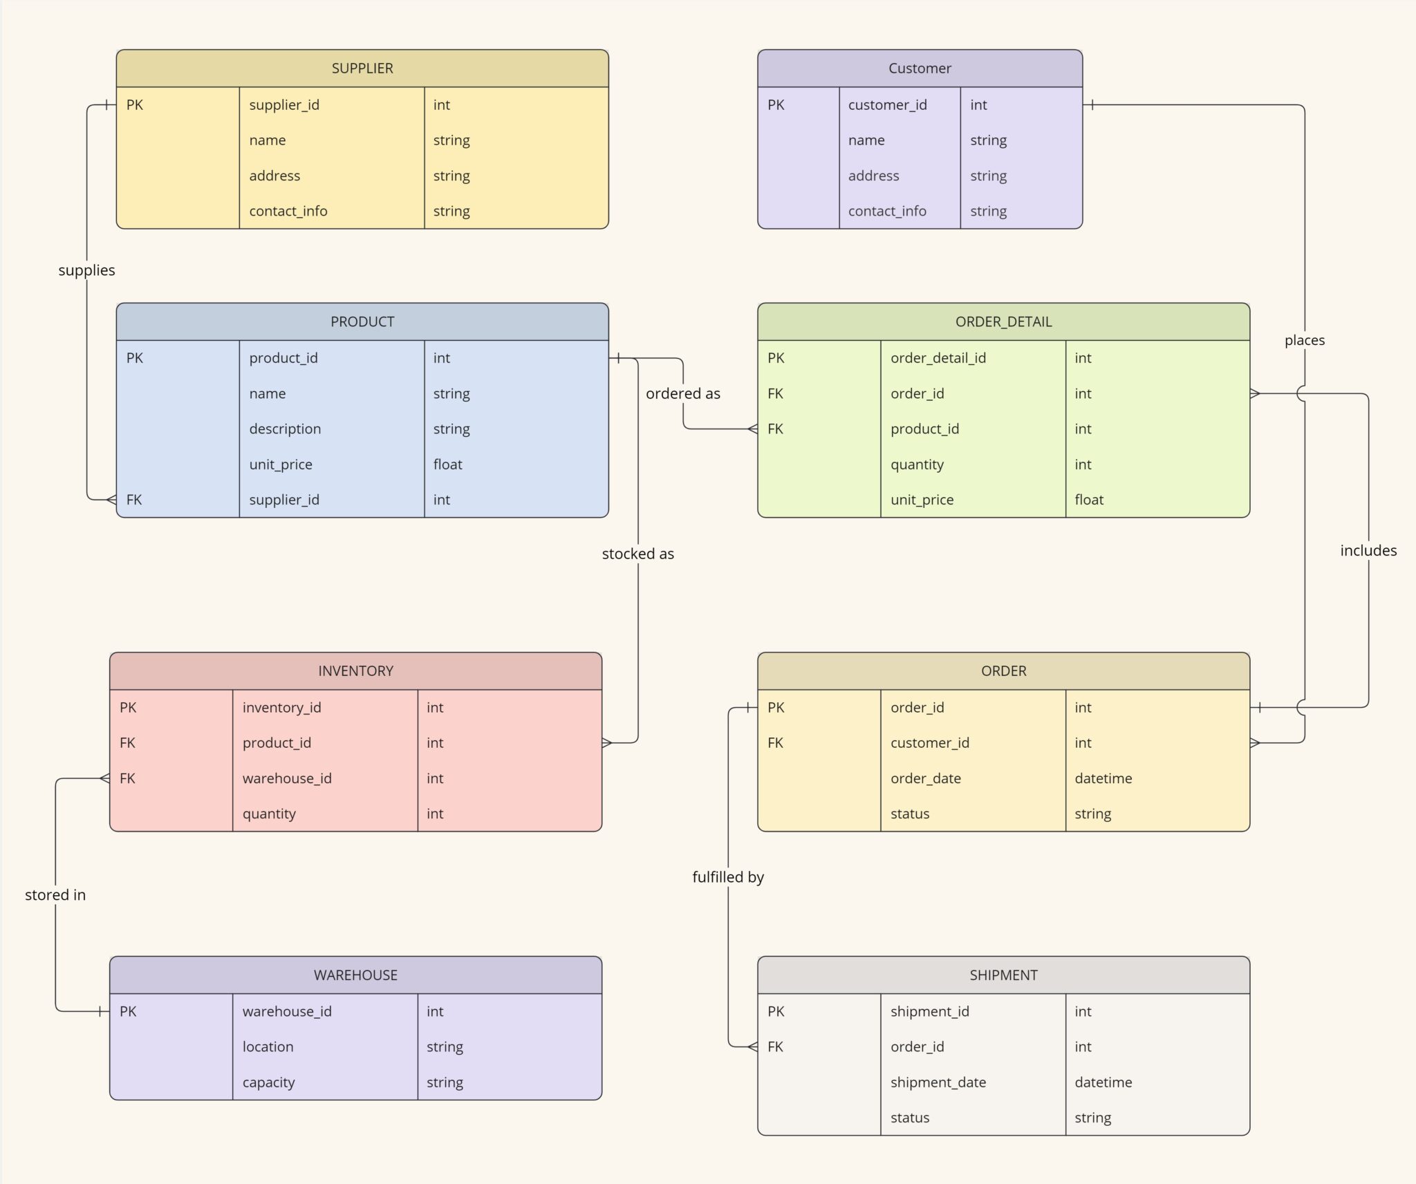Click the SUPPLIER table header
tap(362, 68)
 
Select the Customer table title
tap(920, 68)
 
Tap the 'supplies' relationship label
tap(86, 270)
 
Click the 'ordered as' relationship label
tap(682, 393)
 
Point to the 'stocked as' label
tap(637, 554)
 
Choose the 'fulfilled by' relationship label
tap(728, 877)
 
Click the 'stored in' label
tap(55, 895)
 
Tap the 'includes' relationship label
tap(1368, 551)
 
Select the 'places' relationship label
tap(1305, 340)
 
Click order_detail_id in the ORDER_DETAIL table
tap(938, 358)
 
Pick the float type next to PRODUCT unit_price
tap(448, 464)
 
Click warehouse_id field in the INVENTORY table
tap(287, 778)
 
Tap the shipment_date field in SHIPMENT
tap(938, 1082)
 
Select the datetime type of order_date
tap(1103, 778)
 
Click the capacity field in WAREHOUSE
tap(268, 1082)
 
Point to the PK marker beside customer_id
tap(776, 105)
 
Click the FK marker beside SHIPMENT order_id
tap(776, 1047)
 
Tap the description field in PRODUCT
tap(285, 429)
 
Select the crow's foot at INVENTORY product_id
tap(607, 743)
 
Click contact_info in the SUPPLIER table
tap(288, 212)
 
